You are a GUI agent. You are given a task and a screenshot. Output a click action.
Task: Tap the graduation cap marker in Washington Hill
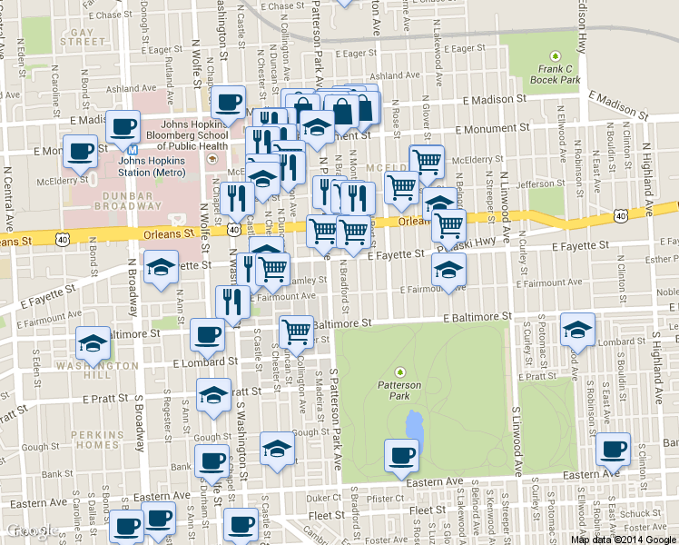pyautogui.click(x=93, y=343)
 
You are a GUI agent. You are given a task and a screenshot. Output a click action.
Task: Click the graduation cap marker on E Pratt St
pyautogui.click(x=214, y=394)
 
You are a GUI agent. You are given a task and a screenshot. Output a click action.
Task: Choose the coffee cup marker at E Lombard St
pyautogui.click(x=207, y=335)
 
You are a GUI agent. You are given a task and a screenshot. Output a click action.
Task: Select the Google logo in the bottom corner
pyautogui.click(x=30, y=531)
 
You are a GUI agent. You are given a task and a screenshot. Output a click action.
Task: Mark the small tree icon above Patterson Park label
pyautogui.click(x=399, y=371)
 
